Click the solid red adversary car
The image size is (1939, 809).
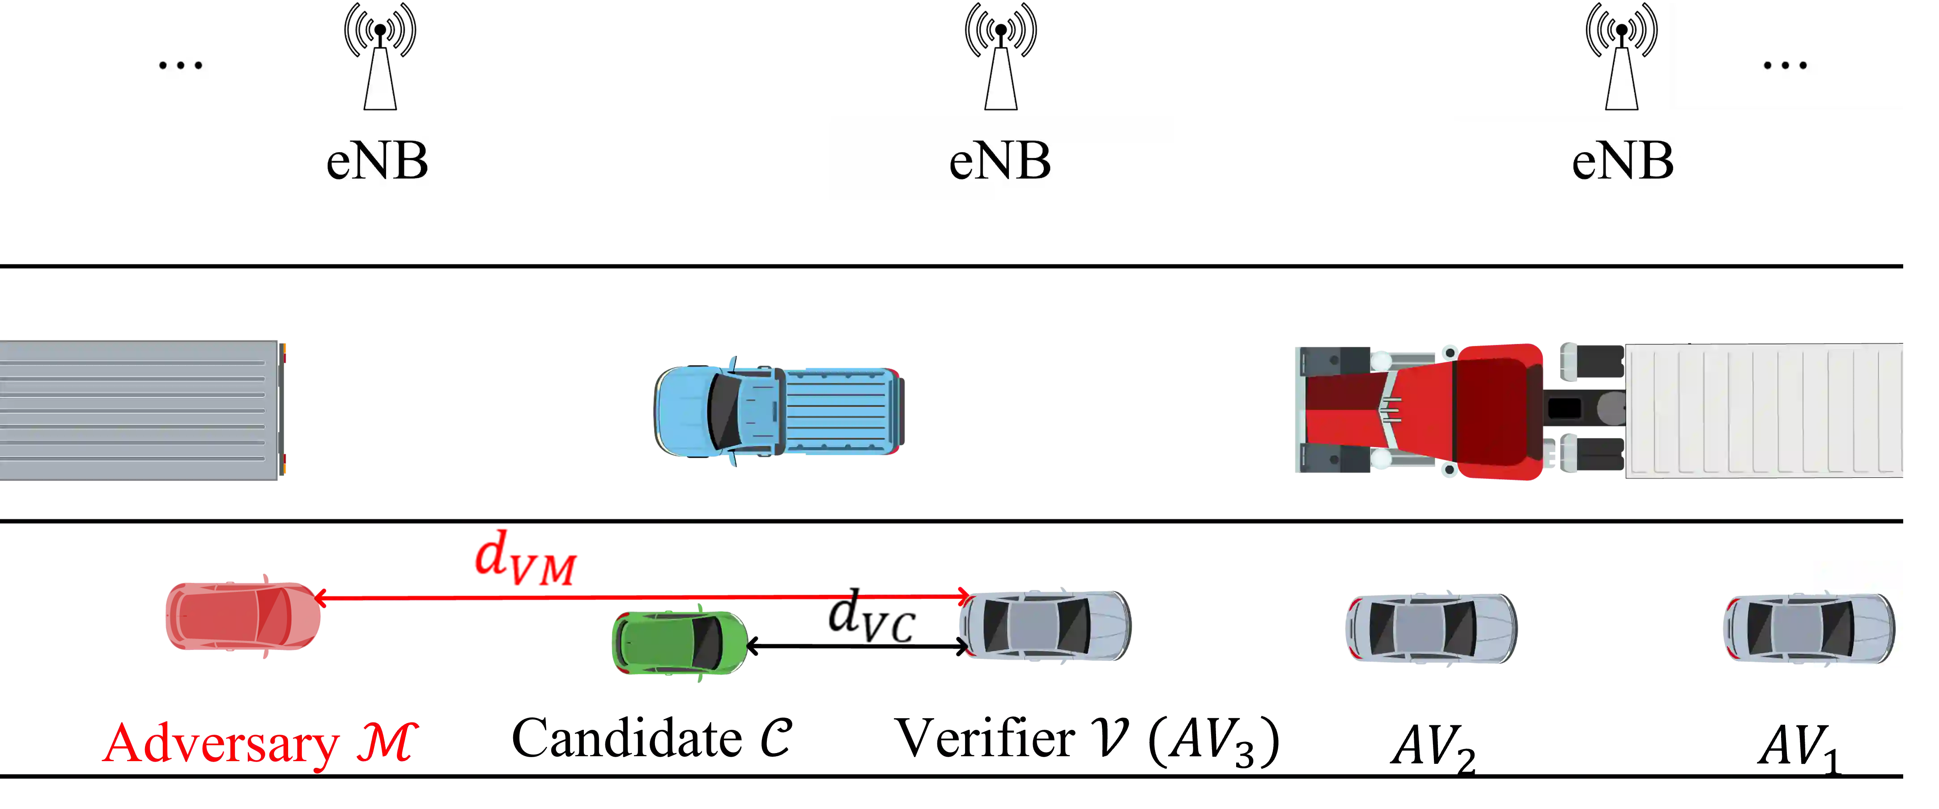tap(242, 616)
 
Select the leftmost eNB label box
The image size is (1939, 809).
tap(377, 158)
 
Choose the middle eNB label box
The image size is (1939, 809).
tap(999, 158)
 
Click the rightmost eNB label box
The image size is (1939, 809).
tap(1622, 158)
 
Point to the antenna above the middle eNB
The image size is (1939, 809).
tap(1000, 60)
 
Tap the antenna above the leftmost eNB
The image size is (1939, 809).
tap(379, 60)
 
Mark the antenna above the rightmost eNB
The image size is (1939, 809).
tap(1621, 60)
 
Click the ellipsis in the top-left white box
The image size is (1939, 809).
tap(181, 65)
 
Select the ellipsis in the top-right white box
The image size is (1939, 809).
tap(1785, 65)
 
